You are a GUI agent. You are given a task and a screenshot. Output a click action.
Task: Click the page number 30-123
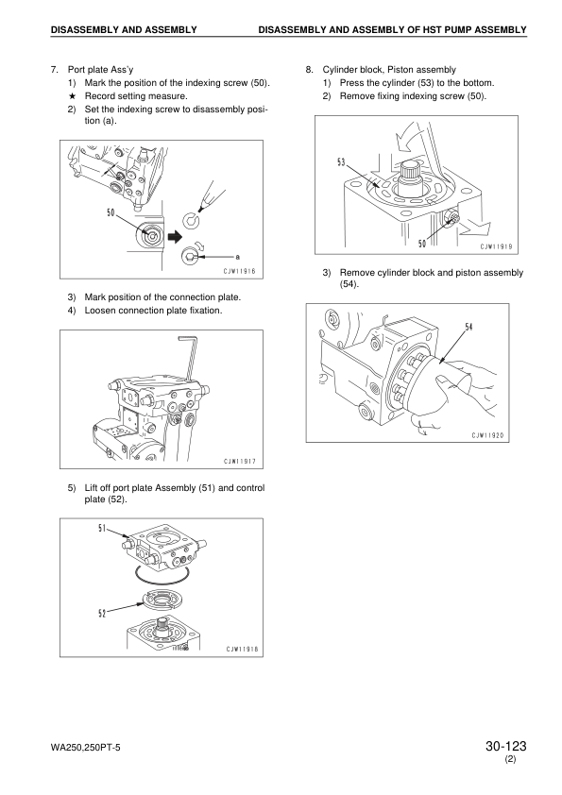[505, 746]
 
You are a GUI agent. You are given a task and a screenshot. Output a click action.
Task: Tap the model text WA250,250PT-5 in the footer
[86, 748]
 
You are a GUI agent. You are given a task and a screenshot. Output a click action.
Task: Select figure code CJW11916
[240, 271]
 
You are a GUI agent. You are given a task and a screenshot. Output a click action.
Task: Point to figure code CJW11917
[240, 462]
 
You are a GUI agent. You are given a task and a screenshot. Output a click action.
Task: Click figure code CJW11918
[242, 649]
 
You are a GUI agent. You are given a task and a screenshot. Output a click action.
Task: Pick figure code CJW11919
[496, 247]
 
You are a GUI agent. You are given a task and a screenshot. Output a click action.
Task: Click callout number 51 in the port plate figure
[102, 529]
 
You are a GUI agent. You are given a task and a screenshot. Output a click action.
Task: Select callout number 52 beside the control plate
[102, 614]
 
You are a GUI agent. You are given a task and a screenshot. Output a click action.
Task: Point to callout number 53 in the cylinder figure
[341, 162]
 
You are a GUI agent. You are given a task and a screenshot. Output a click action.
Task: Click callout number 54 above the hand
[468, 327]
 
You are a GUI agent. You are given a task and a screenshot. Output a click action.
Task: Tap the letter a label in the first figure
[238, 257]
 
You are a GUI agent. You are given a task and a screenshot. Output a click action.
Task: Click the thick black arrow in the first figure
[175, 236]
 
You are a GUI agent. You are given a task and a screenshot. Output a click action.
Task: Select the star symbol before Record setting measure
[72, 95]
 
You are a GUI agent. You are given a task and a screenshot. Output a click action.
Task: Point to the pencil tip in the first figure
[202, 209]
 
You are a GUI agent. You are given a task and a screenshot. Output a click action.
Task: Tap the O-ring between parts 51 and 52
[162, 575]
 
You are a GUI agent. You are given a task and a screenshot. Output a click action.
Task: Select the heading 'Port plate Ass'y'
[101, 70]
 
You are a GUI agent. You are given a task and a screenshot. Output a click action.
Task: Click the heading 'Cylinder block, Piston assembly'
[389, 70]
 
